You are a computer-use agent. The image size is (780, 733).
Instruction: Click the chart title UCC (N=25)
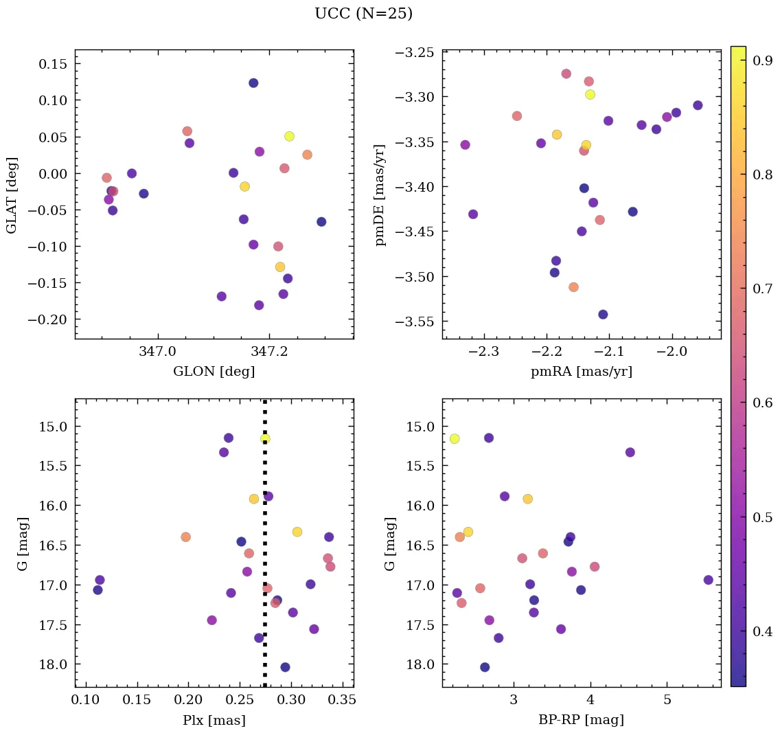363,14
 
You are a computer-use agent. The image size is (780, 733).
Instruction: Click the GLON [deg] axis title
214,372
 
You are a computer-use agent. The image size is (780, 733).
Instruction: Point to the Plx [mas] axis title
214,720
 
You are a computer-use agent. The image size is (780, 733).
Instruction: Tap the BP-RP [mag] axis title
581,720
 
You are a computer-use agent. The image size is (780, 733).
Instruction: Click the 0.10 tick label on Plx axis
86,700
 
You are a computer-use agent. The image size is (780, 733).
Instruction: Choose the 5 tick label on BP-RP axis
667,700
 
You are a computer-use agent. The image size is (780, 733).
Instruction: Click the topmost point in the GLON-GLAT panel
253,83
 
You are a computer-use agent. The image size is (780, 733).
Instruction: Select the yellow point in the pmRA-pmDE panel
590,94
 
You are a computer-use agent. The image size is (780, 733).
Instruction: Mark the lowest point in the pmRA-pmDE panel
603,315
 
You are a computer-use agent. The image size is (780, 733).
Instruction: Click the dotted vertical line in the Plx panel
265,550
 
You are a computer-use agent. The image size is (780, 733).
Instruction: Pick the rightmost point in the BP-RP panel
709,580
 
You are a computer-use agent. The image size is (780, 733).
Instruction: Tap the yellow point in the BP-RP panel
455,439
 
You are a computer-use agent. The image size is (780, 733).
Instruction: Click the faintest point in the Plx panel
285,667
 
